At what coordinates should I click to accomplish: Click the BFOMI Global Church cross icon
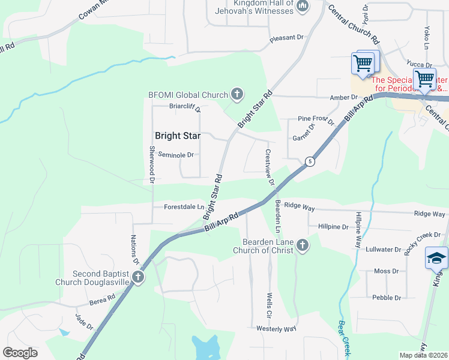(x=237, y=94)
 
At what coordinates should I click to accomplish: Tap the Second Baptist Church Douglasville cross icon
(x=138, y=277)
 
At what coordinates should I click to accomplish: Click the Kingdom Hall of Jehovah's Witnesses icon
(x=302, y=7)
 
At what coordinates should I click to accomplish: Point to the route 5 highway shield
(x=309, y=161)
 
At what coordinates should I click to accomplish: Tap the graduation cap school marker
(x=436, y=258)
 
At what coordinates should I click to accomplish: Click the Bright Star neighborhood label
(x=177, y=136)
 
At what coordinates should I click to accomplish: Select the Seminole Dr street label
(x=176, y=155)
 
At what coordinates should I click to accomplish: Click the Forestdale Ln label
(x=184, y=207)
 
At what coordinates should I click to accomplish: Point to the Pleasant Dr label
(x=286, y=38)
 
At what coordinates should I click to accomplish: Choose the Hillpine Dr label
(x=334, y=227)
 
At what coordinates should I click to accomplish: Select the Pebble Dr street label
(x=386, y=298)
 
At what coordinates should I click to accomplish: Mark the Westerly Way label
(x=276, y=329)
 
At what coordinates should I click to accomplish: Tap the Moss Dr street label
(x=382, y=271)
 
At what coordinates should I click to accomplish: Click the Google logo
(x=20, y=353)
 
